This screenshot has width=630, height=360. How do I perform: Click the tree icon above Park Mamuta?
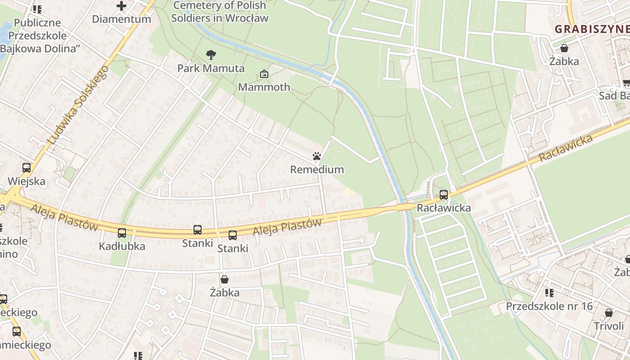pyautogui.click(x=211, y=55)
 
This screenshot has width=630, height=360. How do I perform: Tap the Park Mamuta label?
pyautogui.click(x=211, y=68)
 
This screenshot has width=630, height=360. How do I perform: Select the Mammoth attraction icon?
pyautogui.click(x=264, y=74)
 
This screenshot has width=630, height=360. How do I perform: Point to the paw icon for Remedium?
pyautogui.click(x=317, y=156)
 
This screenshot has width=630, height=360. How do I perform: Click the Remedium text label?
pyautogui.click(x=317, y=170)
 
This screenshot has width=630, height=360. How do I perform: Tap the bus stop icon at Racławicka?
pyautogui.click(x=444, y=195)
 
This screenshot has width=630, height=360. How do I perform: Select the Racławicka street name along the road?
pyautogui.click(x=566, y=148)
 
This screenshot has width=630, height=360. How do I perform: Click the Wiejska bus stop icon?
pyautogui.click(x=27, y=168)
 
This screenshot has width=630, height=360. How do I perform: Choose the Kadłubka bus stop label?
pyautogui.click(x=122, y=246)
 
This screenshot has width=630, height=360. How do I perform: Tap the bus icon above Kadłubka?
pyautogui.click(x=122, y=233)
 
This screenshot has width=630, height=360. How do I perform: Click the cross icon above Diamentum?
pyautogui.click(x=121, y=6)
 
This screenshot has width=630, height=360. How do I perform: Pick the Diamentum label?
pyautogui.click(x=121, y=19)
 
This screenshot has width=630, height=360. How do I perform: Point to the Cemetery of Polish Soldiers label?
pyautogui.click(x=220, y=12)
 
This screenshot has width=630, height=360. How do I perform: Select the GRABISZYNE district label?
pyautogui.click(x=591, y=29)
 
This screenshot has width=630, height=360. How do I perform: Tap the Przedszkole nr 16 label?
pyautogui.click(x=549, y=306)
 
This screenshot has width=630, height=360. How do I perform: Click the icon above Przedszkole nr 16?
pyautogui.click(x=549, y=293)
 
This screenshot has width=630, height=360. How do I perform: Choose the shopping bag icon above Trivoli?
pyautogui.click(x=609, y=313)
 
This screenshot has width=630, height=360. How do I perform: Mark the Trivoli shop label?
pyautogui.click(x=609, y=326)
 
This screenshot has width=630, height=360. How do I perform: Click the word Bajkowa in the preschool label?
pyautogui.click(x=22, y=49)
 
